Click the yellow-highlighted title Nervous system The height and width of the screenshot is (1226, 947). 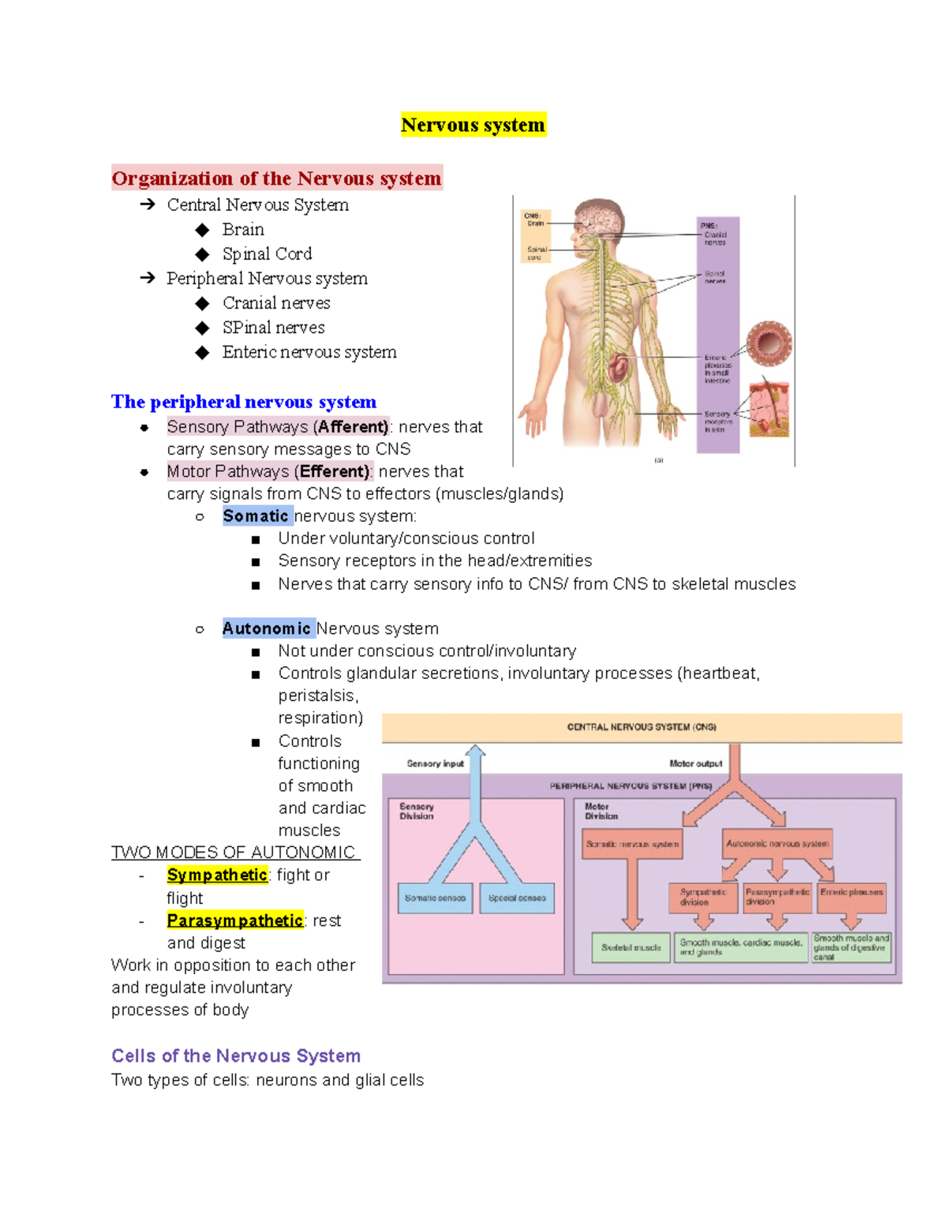(473, 125)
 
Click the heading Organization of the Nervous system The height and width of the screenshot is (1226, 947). (276, 178)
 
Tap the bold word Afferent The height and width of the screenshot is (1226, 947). (353, 427)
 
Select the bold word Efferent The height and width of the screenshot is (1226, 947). (334, 471)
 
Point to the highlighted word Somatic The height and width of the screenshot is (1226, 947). (256, 516)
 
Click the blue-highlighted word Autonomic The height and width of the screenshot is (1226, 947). (267, 628)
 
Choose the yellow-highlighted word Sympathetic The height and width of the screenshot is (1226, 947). (217, 875)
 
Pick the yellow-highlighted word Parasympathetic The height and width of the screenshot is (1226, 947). (234, 920)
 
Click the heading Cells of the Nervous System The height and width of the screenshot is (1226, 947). (236, 1055)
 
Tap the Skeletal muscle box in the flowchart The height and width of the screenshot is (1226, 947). (631, 947)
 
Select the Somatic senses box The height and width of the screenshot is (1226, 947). (435, 898)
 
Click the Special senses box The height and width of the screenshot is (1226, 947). (517, 898)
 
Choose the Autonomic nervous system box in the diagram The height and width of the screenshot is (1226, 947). (777, 844)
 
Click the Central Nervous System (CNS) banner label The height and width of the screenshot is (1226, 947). (642, 727)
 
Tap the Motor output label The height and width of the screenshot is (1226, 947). (695, 763)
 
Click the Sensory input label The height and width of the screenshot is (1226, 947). (435, 763)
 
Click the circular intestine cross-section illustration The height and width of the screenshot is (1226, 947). (769, 343)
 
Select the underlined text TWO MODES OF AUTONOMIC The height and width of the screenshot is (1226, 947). (234, 853)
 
